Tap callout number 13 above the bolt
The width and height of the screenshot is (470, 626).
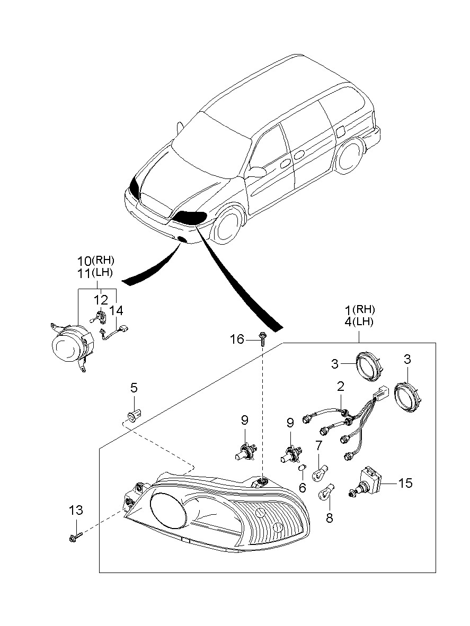click(x=76, y=511)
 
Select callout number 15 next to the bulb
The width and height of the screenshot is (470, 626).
click(x=405, y=483)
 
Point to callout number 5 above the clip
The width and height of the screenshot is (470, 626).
click(x=134, y=388)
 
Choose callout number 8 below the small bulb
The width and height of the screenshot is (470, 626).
click(x=330, y=517)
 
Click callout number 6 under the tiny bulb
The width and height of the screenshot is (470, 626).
click(x=302, y=487)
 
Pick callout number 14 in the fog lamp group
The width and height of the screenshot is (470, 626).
click(x=117, y=310)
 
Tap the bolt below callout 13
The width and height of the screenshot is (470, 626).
click(x=73, y=538)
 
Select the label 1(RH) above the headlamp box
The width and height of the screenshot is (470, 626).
click(x=360, y=309)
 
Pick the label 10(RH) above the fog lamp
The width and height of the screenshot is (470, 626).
click(x=95, y=261)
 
